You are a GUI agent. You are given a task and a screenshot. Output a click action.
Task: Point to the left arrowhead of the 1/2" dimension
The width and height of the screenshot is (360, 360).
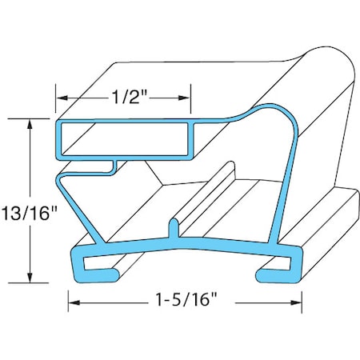point(61,100)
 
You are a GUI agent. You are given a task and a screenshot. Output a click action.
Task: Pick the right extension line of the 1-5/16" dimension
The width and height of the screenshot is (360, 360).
point(303,296)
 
